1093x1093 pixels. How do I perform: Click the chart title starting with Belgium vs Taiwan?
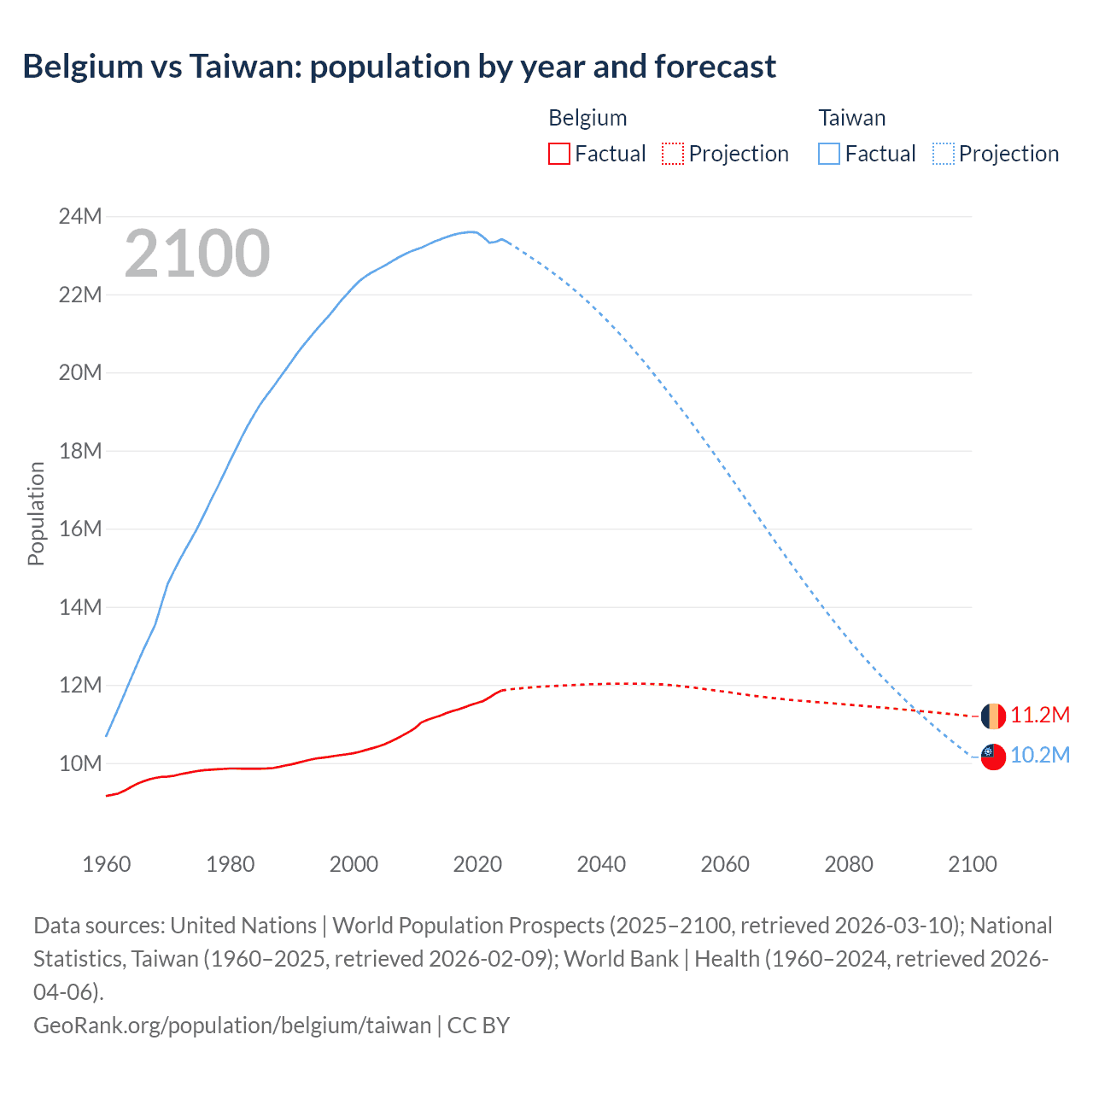(x=399, y=67)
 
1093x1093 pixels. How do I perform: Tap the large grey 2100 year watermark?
(x=197, y=254)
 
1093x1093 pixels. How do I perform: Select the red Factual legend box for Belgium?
(x=558, y=154)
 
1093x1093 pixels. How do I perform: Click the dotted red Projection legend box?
(x=673, y=154)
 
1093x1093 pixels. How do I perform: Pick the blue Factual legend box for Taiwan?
(x=828, y=154)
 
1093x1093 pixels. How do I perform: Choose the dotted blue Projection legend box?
(x=943, y=154)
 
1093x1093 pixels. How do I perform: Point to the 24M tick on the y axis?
(x=80, y=217)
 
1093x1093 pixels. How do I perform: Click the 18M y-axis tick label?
(x=80, y=451)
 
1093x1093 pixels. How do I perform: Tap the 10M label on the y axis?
(x=80, y=763)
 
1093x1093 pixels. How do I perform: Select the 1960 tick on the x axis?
(x=107, y=864)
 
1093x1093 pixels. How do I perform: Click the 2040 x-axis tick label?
(x=601, y=864)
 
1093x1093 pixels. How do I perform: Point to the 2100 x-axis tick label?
(x=973, y=864)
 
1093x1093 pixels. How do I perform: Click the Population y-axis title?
(x=36, y=513)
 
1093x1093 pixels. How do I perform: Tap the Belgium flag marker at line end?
(x=993, y=716)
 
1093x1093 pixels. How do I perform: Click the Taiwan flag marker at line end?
(x=993, y=757)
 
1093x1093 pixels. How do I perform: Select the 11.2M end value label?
(x=1040, y=716)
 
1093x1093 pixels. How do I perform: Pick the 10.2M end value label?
(x=1040, y=756)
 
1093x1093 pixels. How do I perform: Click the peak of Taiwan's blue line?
(x=471, y=231)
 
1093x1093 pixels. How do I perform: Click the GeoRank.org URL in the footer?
(x=232, y=1025)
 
